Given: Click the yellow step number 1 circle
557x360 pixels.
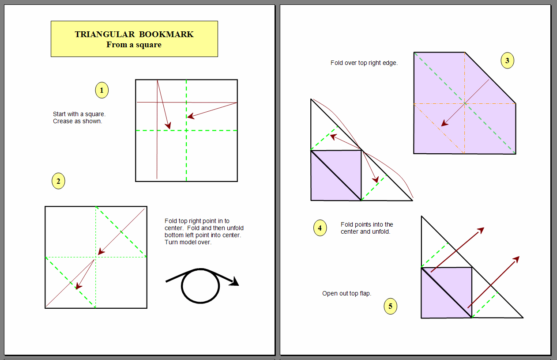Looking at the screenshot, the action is pos(102,90).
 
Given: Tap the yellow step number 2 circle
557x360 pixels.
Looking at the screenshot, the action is pos(58,181).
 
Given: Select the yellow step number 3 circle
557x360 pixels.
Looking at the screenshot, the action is pos(507,61).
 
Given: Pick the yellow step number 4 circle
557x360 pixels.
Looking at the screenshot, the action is pos(320,228).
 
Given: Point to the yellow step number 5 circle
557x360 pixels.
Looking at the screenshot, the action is pos(391,306).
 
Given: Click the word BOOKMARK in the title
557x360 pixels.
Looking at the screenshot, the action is pos(166,34).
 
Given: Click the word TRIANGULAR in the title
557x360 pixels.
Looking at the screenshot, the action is pos(105,34).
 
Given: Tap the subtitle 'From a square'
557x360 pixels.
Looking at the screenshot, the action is pos(134,45).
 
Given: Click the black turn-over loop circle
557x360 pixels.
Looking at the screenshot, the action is pos(200,286).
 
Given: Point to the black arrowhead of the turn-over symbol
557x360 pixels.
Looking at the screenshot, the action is pos(234,282).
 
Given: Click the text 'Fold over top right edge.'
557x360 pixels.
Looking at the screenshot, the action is pos(364,63).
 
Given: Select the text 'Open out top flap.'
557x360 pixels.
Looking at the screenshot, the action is pos(346,294).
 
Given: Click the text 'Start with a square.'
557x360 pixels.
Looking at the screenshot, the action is pos(79,114).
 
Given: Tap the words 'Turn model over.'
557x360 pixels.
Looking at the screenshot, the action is pos(188,243).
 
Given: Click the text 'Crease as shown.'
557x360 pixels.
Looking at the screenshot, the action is pos(77,121).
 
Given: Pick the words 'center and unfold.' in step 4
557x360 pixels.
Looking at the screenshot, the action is pos(365,232).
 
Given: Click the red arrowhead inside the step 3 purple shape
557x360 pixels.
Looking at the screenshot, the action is pos(444,123).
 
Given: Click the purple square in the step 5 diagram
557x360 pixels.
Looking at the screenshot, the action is pos(447,293).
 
